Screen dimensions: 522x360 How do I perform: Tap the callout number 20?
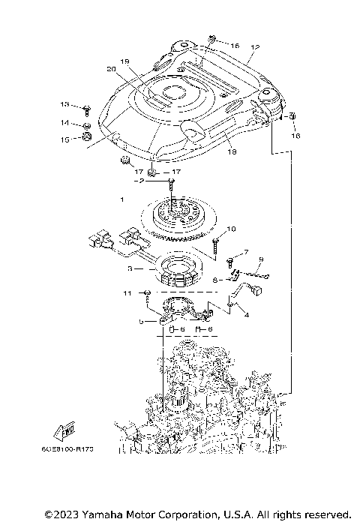click(x=112, y=70)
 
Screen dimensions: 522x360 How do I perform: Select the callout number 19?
click(x=125, y=61)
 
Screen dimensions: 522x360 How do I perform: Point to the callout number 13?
click(x=64, y=104)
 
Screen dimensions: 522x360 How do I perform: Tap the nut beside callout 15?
click(x=88, y=137)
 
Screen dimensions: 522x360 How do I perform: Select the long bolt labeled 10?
click(x=216, y=242)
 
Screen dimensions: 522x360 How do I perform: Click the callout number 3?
click(x=130, y=268)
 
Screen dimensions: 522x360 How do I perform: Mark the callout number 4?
click(x=246, y=316)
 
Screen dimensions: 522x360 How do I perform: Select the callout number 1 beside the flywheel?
click(x=122, y=200)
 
